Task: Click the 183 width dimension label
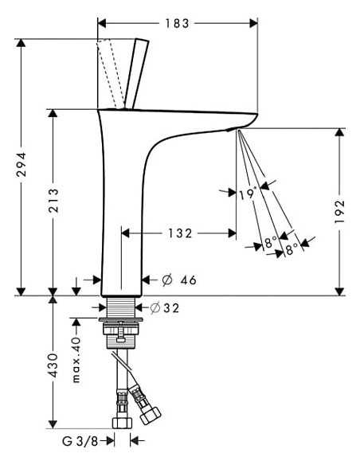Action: [176, 23]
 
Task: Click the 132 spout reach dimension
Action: [179, 233]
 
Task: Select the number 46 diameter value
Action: [187, 279]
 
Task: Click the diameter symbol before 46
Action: [167, 279]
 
